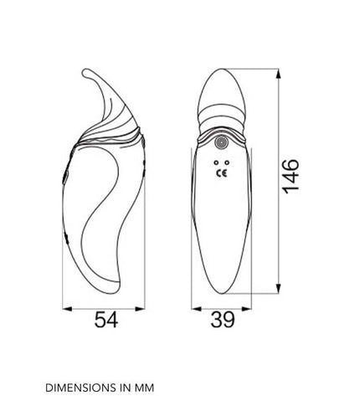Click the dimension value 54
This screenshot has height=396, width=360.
tap(106, 320)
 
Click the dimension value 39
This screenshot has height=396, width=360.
tap(223, 320)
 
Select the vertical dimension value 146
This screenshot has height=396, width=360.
tap(291, 177)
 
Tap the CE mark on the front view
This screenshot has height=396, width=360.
tap(222, 173)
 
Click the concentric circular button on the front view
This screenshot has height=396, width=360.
tap(221, 142)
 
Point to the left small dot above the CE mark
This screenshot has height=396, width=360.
tap(216, 162)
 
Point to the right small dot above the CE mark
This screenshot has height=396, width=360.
tap(227, 162)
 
